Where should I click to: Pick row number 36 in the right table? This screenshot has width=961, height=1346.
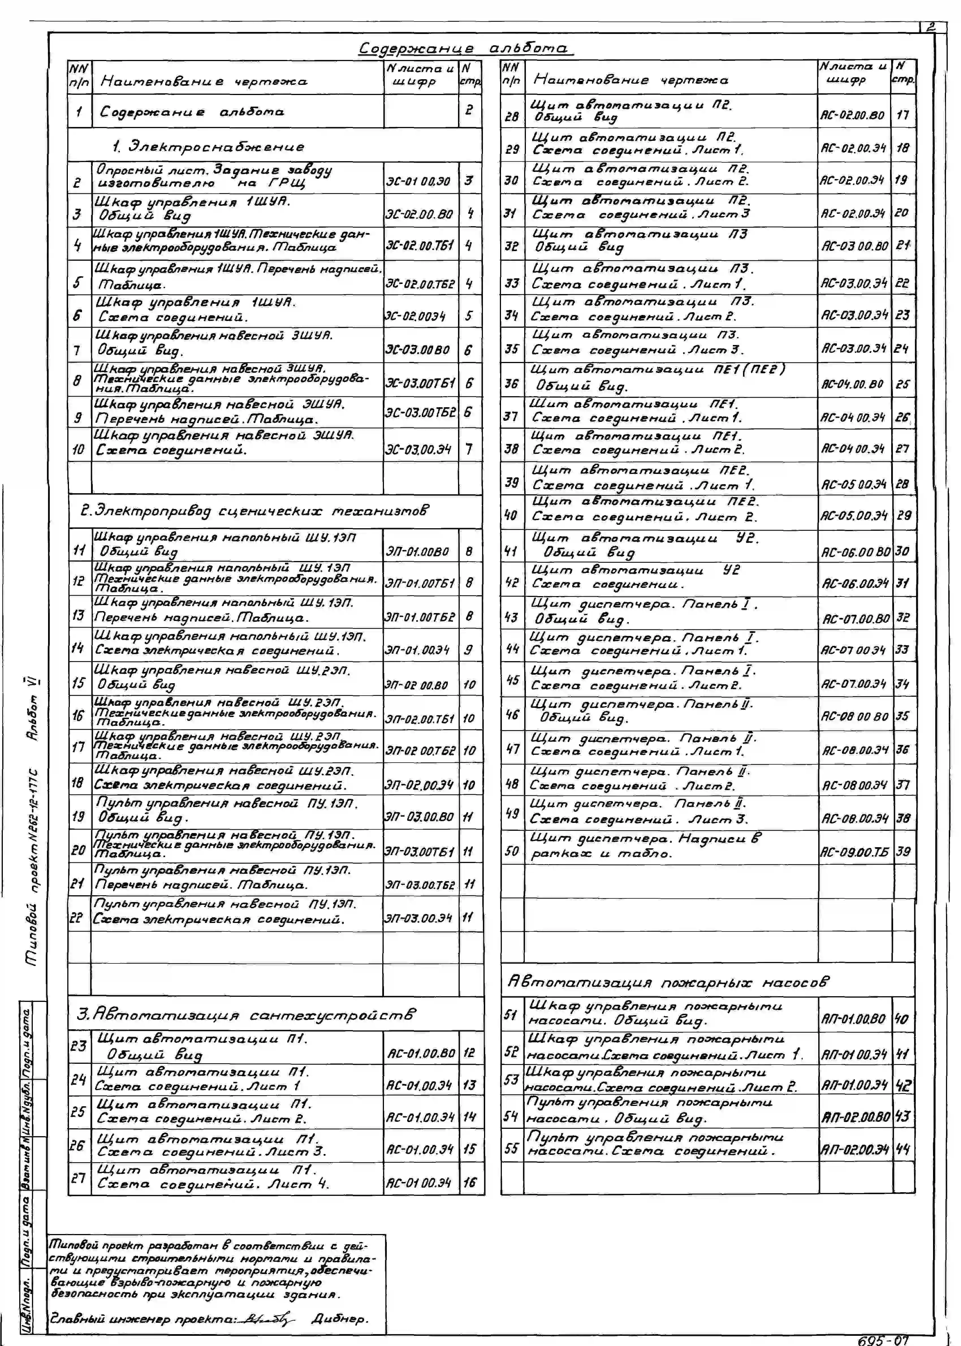(511, 383)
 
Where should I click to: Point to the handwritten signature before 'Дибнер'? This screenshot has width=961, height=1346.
(270, 1319)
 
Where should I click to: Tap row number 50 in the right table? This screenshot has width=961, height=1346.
(511, 851)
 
